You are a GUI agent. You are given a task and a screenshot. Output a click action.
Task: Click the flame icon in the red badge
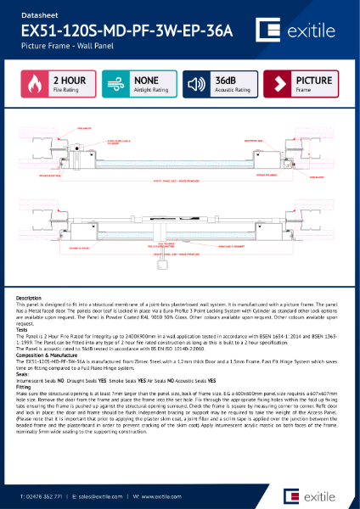pyautogui.click(x=32, y=86)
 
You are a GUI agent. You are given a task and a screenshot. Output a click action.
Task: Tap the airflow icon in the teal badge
pyautogui.click(x=115, y=86)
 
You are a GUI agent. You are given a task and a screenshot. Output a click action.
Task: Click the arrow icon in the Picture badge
pyautogui.click(x=278, y=86)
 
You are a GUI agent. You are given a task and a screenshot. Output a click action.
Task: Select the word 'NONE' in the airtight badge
pyautogui.click(x=147, y=81)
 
